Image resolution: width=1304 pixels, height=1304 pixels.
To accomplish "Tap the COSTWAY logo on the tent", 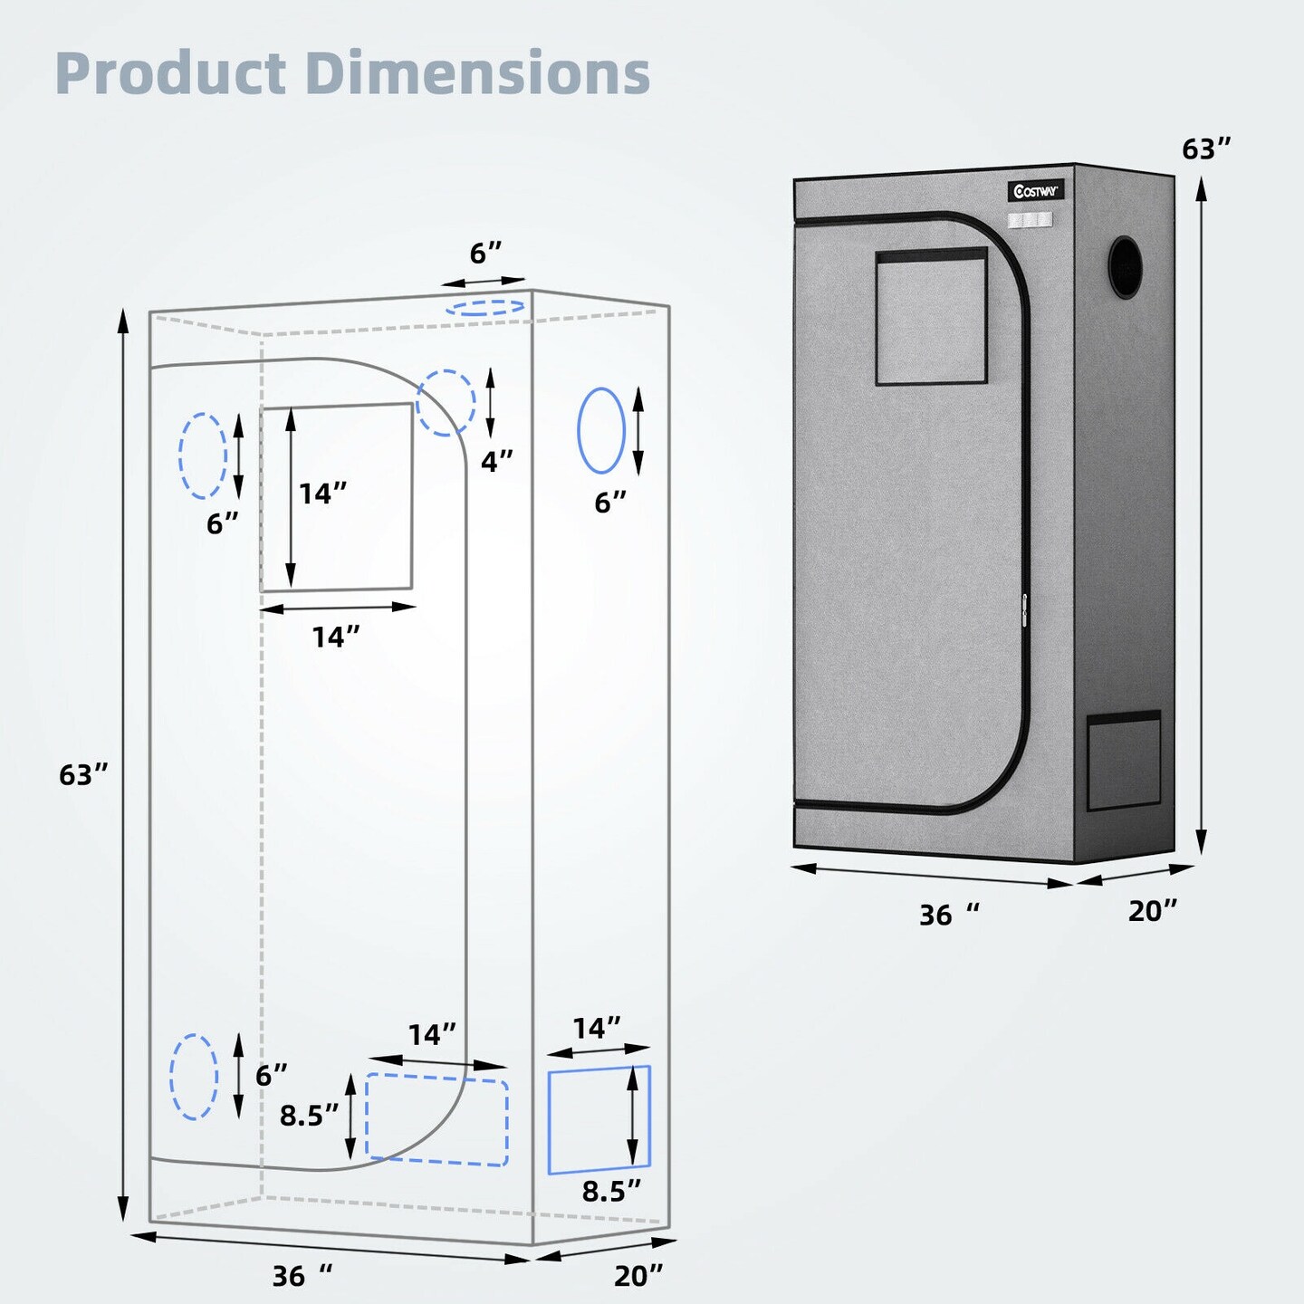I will pos(1035,191).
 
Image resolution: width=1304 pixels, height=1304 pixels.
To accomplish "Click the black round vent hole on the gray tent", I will pos(1126,266).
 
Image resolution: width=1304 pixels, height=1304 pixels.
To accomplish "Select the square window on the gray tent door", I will pos(931,317).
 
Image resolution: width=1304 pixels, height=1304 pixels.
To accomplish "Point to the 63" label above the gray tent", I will pos(1206,149).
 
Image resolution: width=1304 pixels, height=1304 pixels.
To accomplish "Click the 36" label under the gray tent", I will pos(947,915).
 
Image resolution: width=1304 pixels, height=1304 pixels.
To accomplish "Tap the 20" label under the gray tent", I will pos(1152,911).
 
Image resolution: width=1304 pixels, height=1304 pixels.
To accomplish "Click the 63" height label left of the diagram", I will pos(82,775).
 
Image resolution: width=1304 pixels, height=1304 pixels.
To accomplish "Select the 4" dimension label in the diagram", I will pos(496,462).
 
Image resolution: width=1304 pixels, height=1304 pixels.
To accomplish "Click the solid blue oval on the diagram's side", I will pos(601,430).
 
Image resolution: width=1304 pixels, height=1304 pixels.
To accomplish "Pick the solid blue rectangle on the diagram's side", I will pos(599,1119).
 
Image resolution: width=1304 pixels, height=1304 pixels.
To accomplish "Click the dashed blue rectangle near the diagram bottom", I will pos(436,1119).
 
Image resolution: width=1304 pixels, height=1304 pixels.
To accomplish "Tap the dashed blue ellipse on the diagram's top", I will pos(485,307).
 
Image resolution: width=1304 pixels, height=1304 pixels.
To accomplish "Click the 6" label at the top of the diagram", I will pos(485,254).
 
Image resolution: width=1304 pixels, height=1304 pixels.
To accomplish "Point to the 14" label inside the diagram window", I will pos(323,494).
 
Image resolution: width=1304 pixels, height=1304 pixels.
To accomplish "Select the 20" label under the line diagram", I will pos(638,1276).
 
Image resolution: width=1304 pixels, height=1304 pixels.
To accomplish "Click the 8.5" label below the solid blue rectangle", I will pos(610,1192).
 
